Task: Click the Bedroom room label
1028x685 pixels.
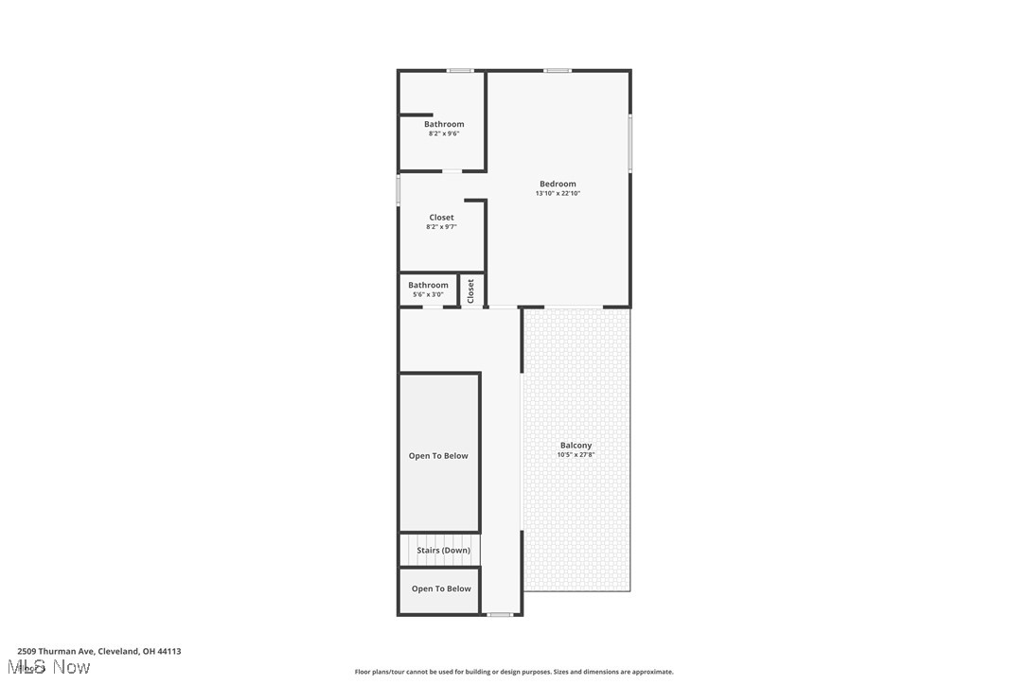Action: click(558, 184)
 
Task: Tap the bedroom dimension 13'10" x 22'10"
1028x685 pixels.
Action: click(558, 193)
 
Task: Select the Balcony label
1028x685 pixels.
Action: click(576, 445)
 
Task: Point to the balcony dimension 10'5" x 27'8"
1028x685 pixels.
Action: click(576, 455)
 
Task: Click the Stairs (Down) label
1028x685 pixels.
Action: click(443, 550)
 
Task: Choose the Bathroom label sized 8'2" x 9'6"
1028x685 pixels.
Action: click(444, 124)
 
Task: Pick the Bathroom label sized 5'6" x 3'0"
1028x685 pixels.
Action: click(428, 285)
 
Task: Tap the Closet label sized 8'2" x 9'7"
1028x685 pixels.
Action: click(441, 218)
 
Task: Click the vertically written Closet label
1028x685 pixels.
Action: click(470, 290)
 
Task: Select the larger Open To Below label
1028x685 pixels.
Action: click(438, 456)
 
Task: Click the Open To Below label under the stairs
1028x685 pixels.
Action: click(441, 588)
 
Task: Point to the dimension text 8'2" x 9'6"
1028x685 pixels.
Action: click(444, 133)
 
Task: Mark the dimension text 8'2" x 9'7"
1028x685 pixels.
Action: click(441, 227)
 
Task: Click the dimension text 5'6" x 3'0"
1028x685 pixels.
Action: click(428, 294)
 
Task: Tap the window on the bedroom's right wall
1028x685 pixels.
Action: click(629, 144)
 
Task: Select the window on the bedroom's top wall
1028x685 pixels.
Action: click(558, 71)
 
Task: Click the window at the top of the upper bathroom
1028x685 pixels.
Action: click(460, 71)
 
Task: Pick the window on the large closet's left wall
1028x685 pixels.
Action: click(399, 189)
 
